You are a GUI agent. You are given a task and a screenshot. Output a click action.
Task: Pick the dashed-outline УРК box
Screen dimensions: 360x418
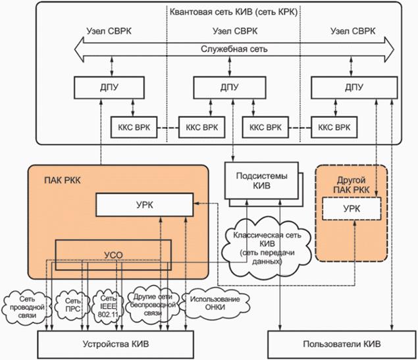pyautogui.click(x=351, y=209)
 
